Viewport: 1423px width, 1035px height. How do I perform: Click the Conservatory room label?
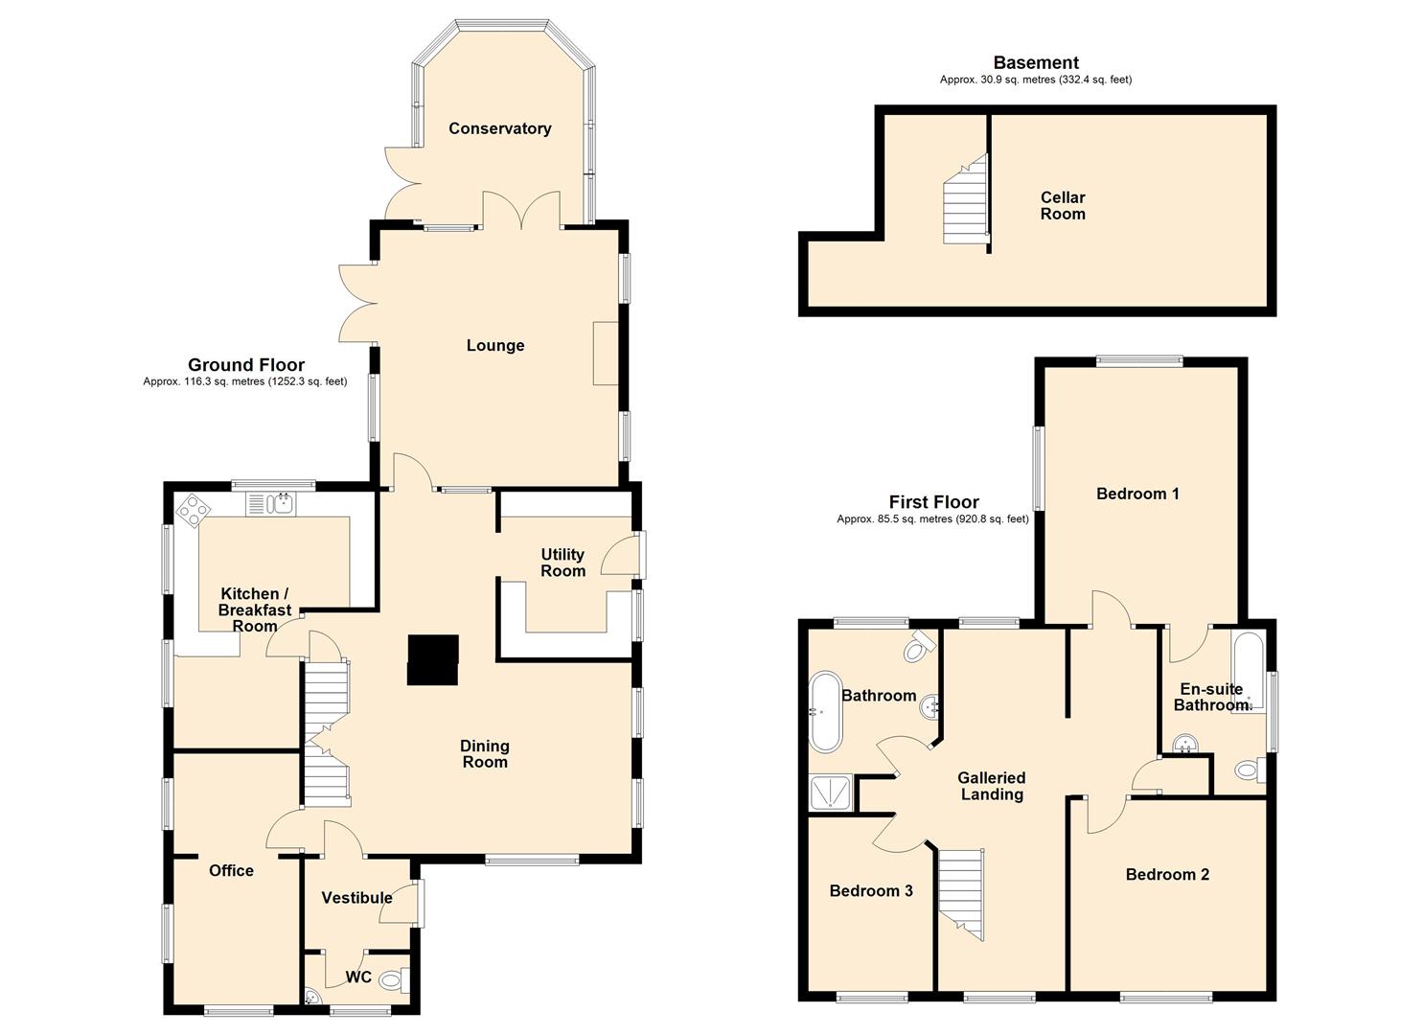point(499,128)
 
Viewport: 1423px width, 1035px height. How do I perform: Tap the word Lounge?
point(495,346)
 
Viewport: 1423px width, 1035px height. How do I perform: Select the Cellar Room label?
point(1062,205)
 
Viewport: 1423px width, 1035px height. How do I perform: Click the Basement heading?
point(1036,63)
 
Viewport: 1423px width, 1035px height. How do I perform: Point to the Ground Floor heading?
point(246,365)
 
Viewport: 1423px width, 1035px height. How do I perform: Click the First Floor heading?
point(933,502)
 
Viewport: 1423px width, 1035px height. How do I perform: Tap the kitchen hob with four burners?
point(194,510)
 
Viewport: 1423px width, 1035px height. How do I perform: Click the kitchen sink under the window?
point(270,504)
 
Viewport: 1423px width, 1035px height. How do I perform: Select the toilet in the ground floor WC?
point(395,980)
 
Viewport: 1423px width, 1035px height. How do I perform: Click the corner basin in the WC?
point(312,999)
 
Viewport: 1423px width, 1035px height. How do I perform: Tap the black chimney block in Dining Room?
point(432,660)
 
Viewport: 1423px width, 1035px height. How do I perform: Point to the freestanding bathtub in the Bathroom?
point(825,712)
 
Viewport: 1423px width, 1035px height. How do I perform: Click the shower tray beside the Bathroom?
point(830,793)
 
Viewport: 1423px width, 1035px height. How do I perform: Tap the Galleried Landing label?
point(991,786)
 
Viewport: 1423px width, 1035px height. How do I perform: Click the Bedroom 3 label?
point(871,891)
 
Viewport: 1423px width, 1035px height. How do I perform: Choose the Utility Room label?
point(562,563)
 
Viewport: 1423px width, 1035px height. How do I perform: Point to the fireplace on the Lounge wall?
point(606,354)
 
